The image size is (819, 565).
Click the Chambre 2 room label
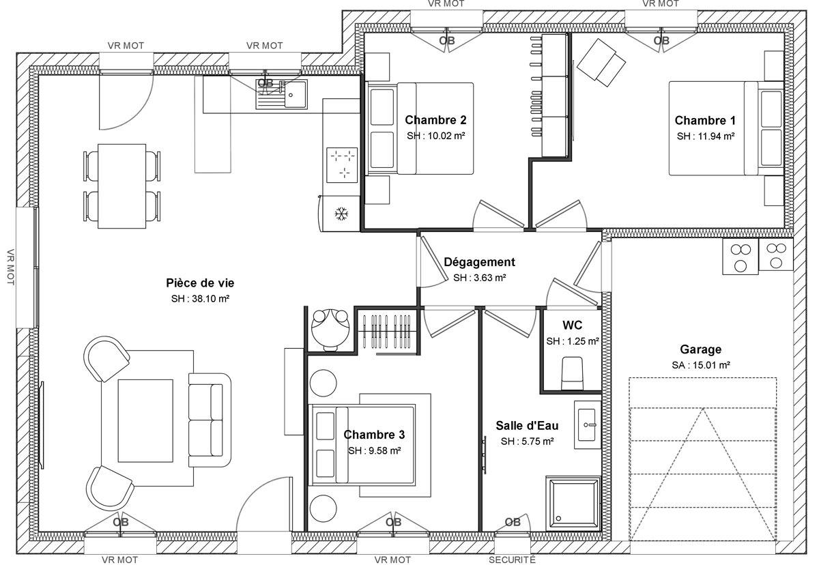(435, 120)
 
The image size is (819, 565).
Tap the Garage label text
(700, 349)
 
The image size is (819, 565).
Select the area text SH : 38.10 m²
(200, 299)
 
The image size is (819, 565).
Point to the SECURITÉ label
(512, 560)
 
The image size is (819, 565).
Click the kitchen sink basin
(296, 95)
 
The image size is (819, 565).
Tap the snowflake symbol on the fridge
(341, 214)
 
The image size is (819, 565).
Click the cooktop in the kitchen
(342, 165)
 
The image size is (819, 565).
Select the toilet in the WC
(572, 373)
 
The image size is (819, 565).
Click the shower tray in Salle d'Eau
(573, 503)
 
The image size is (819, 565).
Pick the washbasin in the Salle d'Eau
(587, 424)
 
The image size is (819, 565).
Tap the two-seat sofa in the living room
(210, 420)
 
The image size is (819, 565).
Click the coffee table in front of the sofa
(145, 420)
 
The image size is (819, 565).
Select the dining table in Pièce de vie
(121, 186)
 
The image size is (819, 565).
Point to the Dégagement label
(479, 261)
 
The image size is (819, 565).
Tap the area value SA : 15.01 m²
(701, 365)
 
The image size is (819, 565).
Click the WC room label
(572, 325)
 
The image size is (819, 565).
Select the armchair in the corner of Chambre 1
(601, 63)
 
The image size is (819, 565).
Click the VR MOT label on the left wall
(10, 267)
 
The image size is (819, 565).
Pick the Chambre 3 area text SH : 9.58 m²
(375, 450)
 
